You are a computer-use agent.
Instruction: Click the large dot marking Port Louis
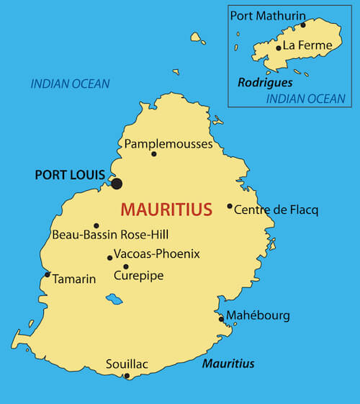(117, 184)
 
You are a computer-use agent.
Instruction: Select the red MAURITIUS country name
(166, 210)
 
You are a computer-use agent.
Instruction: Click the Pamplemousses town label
(168, 144)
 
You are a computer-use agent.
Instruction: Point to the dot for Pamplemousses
(153, 153)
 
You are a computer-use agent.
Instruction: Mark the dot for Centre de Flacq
(230, 207)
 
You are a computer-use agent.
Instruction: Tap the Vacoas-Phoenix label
(156, 253)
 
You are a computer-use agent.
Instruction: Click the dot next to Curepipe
(126, 266)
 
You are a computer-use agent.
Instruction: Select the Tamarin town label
(73, 279)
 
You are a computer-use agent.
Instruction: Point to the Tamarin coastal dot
(48, 274)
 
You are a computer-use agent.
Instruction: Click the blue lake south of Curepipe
(114, 298)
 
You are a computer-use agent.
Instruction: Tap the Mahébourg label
(258, 315)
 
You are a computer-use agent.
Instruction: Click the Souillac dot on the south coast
(127, 375)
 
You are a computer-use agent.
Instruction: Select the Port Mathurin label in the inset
(268, 15)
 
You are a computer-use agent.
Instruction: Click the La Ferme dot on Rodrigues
(279, 48)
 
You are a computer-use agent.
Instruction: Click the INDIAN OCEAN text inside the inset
(306, 99)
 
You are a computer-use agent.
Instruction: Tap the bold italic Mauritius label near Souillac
(228, 364)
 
